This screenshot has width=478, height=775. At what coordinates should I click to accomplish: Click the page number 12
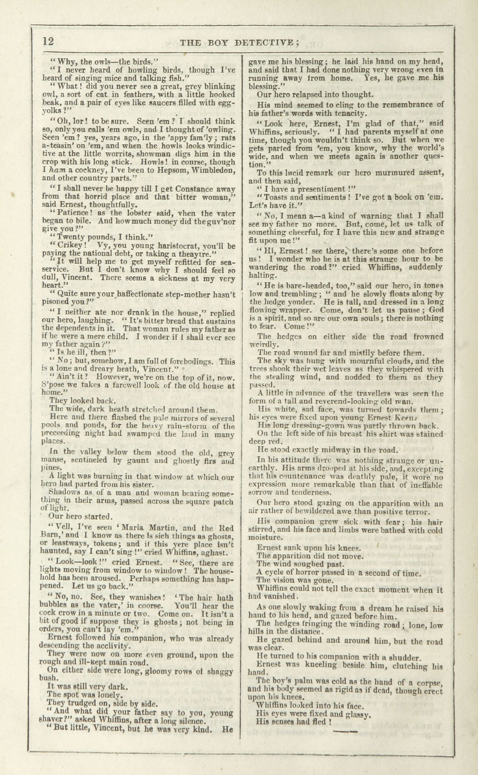pyautogui.click(x=48, y=41)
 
